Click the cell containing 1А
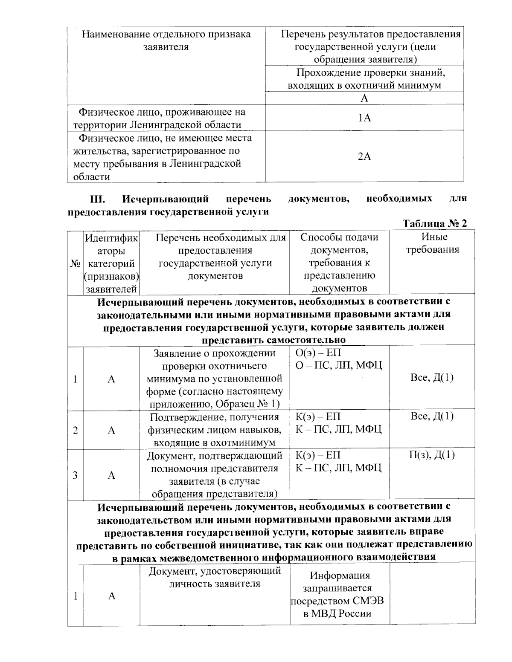tap(364, 118)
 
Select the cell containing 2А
tap(364, 157)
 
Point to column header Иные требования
tap(432, 243)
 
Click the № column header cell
tap(75, 263)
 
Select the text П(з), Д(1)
tap(432, 455)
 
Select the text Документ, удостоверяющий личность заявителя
tap(215, 577)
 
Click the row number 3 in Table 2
tap(75, 475)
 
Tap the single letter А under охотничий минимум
tap(364, 98)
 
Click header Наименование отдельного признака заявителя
tap(166, 40)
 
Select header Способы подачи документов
tap(339, 243)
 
